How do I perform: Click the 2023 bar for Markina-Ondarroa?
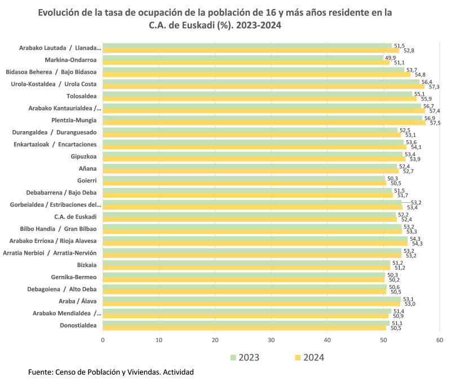(x=242, y=57)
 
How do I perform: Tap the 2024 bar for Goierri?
(x=244, y=183)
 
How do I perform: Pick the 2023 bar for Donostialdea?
(x=246, y=323)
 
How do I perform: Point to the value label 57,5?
(x=435, y=123)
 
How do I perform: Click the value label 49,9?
(x=390, y=57)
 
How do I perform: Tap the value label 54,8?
(x=420, y=74)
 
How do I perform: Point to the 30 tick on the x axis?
(x=271, y=340)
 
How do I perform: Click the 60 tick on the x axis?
(x=440, y=340)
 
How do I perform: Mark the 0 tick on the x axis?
(x=103, y=340)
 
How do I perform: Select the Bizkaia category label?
(x=86, y=265)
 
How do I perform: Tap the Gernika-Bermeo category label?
(x=74, y=277)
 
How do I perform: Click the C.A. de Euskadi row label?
(x=75, y=217)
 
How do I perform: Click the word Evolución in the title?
(x=60, y=12)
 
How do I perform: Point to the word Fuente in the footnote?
(x=40, y=372)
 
